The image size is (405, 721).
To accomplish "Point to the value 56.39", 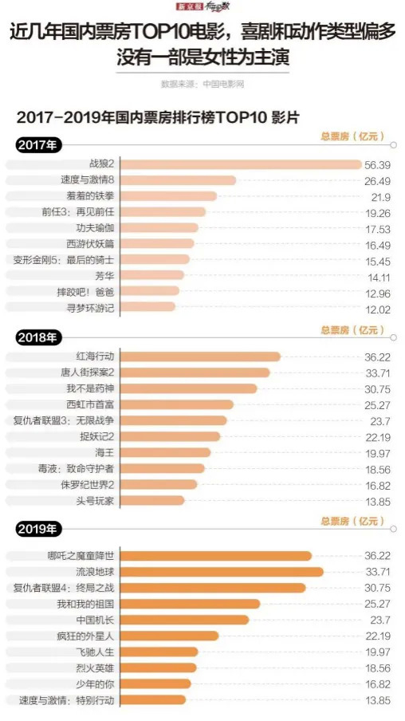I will (x=377, y=164).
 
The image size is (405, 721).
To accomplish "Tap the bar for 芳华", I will (x=152, y=275).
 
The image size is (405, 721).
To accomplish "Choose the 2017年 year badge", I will (x=37, y=145).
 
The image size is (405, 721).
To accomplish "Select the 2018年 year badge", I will (x=37, y=337).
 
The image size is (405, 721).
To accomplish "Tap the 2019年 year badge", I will (x=37, y=528).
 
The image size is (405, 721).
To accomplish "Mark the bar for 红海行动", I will (x=200, y=357).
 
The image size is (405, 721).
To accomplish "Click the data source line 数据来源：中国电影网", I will (x=202, y=83).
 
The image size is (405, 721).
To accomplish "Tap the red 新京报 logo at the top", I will (x=187, y=6).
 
